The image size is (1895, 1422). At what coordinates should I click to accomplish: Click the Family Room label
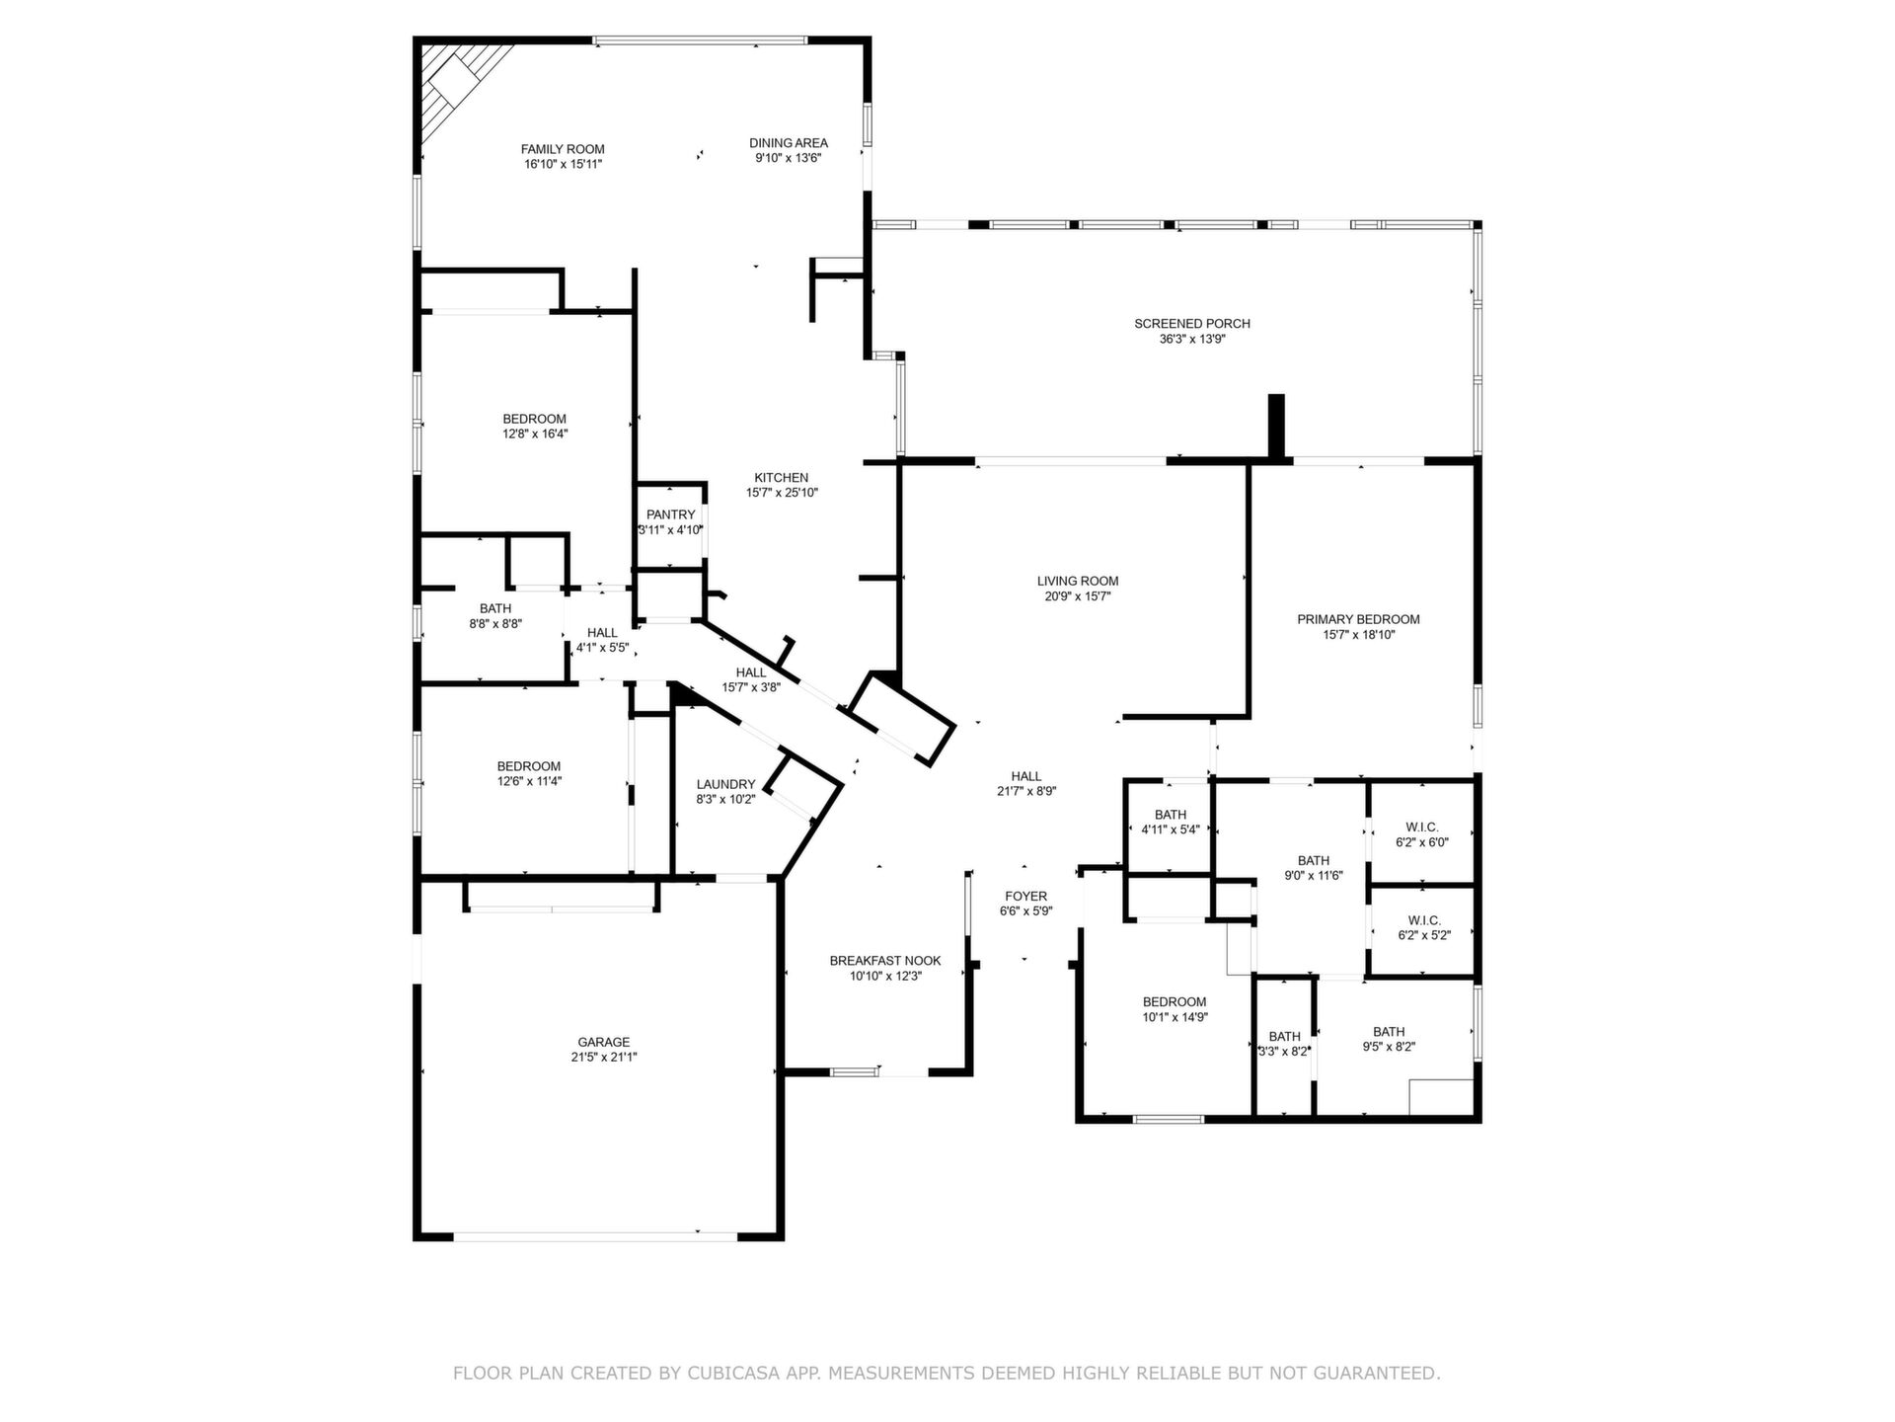[x=563, y=149]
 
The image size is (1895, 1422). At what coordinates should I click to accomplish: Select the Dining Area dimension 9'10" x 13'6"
[x=789, y=158]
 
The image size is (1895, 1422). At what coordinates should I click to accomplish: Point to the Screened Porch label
[x=1192, y=324]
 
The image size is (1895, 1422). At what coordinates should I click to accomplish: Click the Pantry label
[x=671, y=514]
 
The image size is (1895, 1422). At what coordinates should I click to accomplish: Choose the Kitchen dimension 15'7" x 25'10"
[x=782, y=493]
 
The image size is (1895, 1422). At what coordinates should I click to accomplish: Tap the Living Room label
[x=1078, y=582]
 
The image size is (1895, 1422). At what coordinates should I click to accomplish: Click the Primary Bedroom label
[x=1358, y=620]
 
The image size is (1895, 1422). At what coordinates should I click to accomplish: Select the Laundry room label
[x=725, y=785]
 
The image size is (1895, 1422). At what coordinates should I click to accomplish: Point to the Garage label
[x=604, y=1042]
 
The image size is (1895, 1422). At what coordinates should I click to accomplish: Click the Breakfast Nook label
[x=885, y=961]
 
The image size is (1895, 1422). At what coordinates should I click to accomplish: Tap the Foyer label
[x=1026, y=897]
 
